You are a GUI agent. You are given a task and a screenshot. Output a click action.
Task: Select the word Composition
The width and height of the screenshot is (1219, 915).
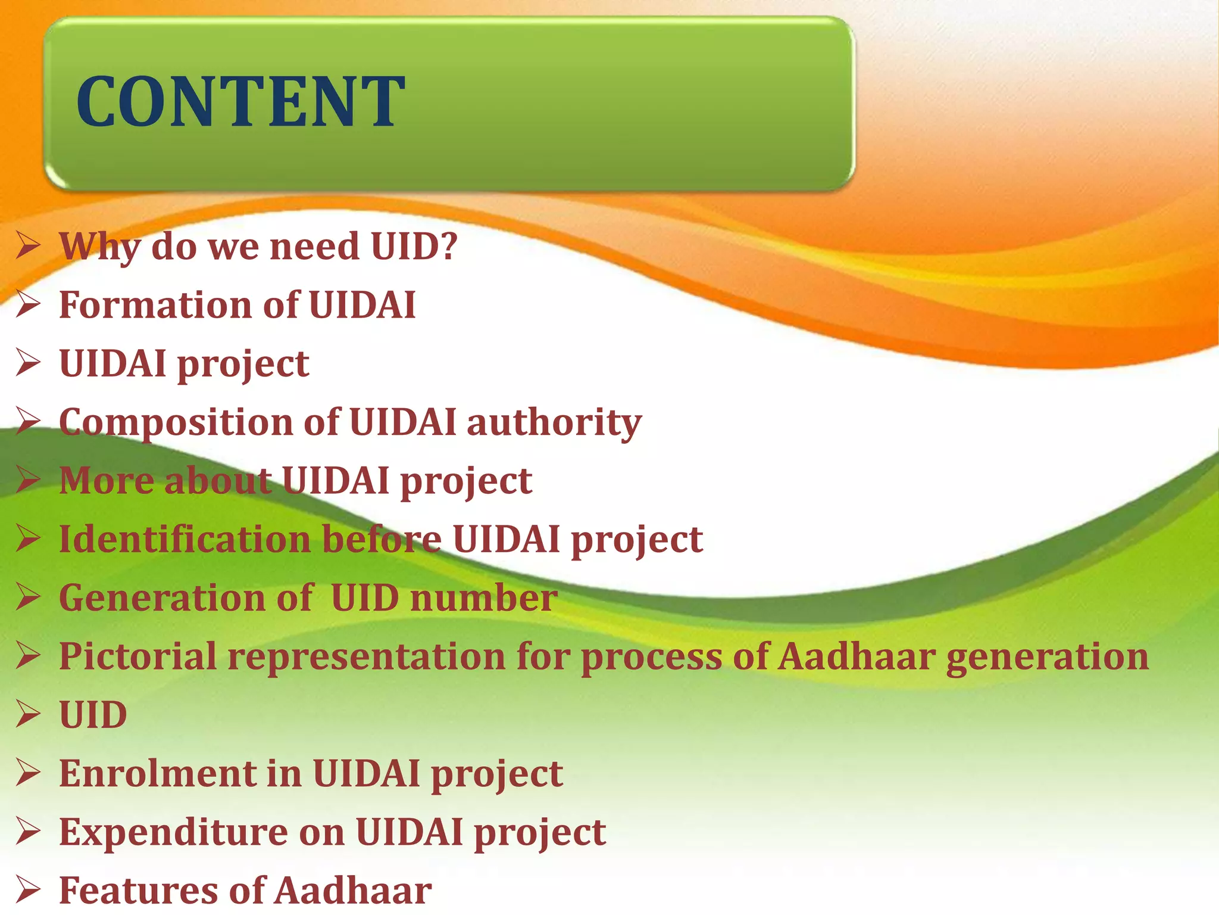(x=176, y=423)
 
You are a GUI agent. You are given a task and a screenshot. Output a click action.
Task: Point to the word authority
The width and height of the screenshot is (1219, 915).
(x=554, y=423)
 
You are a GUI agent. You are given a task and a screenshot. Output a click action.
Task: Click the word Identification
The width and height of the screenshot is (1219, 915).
(x=185, y=539)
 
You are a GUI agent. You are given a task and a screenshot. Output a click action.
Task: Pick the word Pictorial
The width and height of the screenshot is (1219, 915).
(x=137, y=656)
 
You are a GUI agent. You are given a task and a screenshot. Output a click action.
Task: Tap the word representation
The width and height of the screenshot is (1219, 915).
(x=366, y=657)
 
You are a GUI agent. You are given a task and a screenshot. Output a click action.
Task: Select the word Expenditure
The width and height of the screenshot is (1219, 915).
(x=173, y=832)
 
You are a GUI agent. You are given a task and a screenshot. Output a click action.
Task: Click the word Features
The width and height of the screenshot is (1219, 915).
(x=139, y=890)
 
